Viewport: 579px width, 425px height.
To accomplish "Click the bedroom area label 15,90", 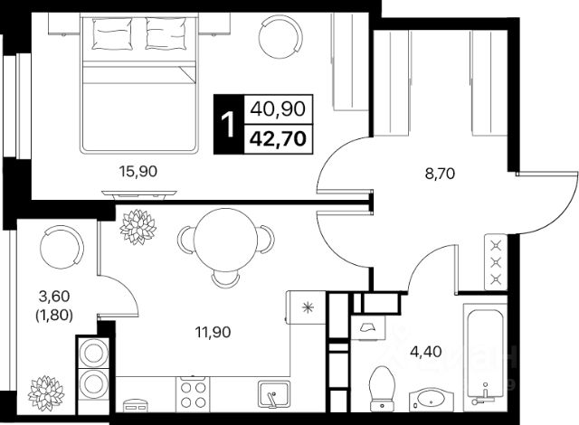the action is pos(138,171).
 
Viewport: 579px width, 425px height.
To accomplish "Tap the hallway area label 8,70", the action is pos(440,174).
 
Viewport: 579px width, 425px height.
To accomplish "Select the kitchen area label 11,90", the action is pos(214,332).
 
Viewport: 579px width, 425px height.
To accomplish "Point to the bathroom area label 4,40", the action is pos(426,352).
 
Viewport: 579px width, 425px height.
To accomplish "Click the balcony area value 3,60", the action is pos(54,296).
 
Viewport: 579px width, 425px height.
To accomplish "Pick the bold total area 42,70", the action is pos(278,139).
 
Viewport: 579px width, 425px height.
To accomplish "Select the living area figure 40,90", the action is pos(278,109).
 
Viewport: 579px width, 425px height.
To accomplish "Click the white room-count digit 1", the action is pos(228,125).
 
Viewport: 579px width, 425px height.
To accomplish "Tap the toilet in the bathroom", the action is pos(382,388).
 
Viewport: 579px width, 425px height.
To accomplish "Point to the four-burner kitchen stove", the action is pos(193,394).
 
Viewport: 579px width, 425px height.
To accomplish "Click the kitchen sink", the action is pos(273,394).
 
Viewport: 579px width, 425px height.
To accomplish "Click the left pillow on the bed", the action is pos(112,33).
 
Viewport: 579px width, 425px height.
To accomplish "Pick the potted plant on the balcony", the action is pos(46,393).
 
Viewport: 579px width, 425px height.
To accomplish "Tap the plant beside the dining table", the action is pos(138,227).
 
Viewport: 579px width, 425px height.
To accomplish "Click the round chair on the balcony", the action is pos(62,247).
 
